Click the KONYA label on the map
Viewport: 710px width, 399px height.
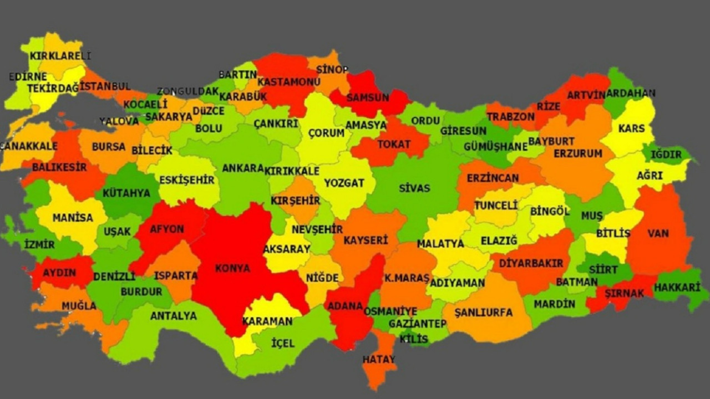tap(232, 268)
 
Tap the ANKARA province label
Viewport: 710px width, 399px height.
tap(243, 168)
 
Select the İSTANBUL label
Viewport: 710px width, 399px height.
tap(105, 86)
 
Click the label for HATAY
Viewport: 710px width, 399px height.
tap(379, 359)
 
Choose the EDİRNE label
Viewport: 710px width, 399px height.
tap(28, 76)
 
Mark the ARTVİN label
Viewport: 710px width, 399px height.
tap(586, 95)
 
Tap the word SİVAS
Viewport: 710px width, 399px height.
tap(414, 188)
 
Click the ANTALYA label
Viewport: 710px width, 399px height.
tap(174, 316)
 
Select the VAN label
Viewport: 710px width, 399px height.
tap(658, 233)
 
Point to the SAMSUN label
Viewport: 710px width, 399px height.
tap(368, 98)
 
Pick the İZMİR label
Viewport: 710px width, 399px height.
tap(39, 244)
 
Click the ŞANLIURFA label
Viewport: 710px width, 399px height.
tap(483, 313)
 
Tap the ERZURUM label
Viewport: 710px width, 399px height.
tap(577, 154)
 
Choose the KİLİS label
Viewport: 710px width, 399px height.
tap(414, 339)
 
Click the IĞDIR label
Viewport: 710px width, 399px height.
tap(666, 154)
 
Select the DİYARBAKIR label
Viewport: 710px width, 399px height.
tap(531, 263)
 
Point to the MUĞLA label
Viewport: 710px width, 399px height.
tap(79, 305)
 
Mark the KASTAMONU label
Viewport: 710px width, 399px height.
tap(289, 82)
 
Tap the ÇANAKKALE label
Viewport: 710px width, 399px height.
tap(29, 146)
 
